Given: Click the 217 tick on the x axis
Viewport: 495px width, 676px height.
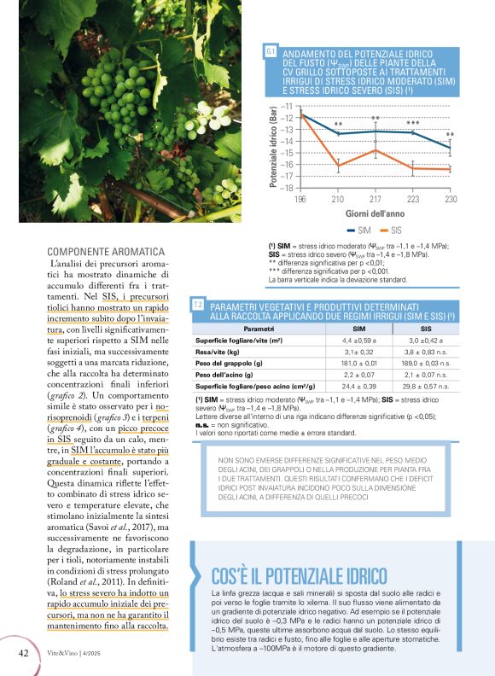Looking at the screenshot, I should click(x=376, y=198).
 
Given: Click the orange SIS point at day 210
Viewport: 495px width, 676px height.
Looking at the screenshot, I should click(x=338, y=165).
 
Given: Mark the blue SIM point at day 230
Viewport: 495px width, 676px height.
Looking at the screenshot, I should click(x=451, y=148).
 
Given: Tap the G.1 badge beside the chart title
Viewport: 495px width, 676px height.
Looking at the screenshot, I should click(x=270, y=53).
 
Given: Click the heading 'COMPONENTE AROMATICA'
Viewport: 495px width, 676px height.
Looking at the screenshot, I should click(x=106, y=252).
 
